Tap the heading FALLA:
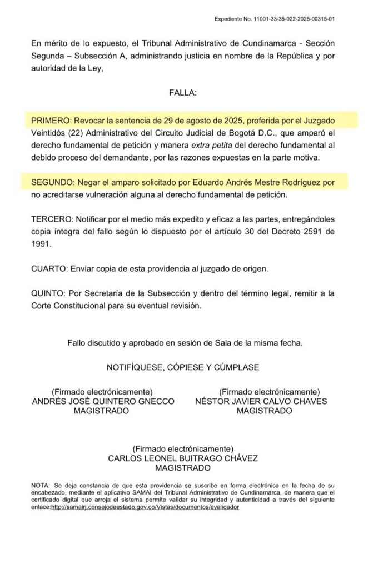[x=182, y=92]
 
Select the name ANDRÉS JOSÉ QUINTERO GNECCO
[x=103, y=401]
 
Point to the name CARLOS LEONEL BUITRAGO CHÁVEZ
[x=183, y=459]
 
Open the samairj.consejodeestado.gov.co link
[x=145, y=507]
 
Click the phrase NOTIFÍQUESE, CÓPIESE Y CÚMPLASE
[x=183, y=367]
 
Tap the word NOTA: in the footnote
[x=41, y=486]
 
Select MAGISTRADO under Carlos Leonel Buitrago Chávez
[x=183, y=468]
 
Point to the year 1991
[x=41, y=243]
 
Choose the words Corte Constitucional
[x=74, y=306]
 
